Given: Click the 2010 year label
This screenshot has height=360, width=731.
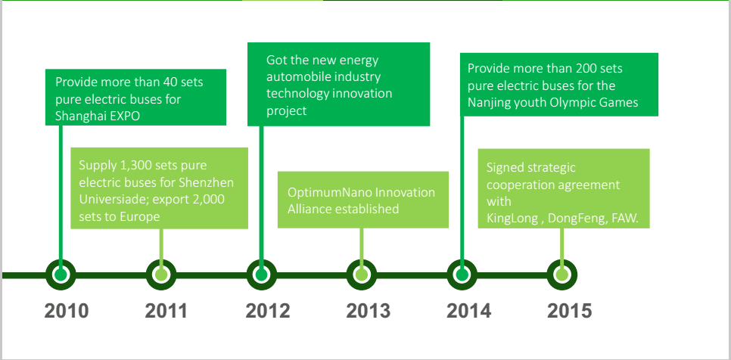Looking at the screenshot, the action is [67, 311].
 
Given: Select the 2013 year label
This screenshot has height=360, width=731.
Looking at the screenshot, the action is [369, 311].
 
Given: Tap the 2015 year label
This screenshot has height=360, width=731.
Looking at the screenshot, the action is [570, 311].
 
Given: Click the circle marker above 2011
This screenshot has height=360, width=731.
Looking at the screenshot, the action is [161, 275].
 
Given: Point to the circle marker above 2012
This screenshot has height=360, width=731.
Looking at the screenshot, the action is [262, 275].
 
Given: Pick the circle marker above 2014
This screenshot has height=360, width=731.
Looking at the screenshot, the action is [462, 275].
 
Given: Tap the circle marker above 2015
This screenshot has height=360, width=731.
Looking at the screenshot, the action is [562, 275].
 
